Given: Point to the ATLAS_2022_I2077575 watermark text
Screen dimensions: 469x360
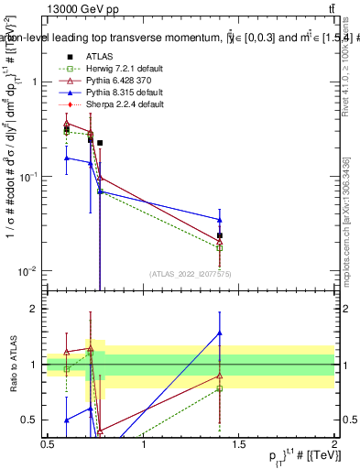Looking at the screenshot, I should tap(191, 273).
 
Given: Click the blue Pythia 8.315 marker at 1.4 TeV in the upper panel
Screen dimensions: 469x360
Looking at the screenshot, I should tap(220, 219).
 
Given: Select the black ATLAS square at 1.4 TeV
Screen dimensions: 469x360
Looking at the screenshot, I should tap(220, 235).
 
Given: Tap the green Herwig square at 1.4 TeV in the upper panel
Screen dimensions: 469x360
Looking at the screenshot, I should tap(220, 248).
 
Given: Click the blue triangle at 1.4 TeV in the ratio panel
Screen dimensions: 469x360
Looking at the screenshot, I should tap(220, 333).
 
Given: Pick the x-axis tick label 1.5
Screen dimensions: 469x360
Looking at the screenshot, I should tap(239, 444).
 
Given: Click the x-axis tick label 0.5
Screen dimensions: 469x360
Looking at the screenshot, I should tap(49, 444).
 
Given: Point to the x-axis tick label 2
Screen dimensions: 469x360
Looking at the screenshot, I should tap(333, 444).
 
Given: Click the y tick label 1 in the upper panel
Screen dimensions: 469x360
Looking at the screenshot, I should tap(34, 82).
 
